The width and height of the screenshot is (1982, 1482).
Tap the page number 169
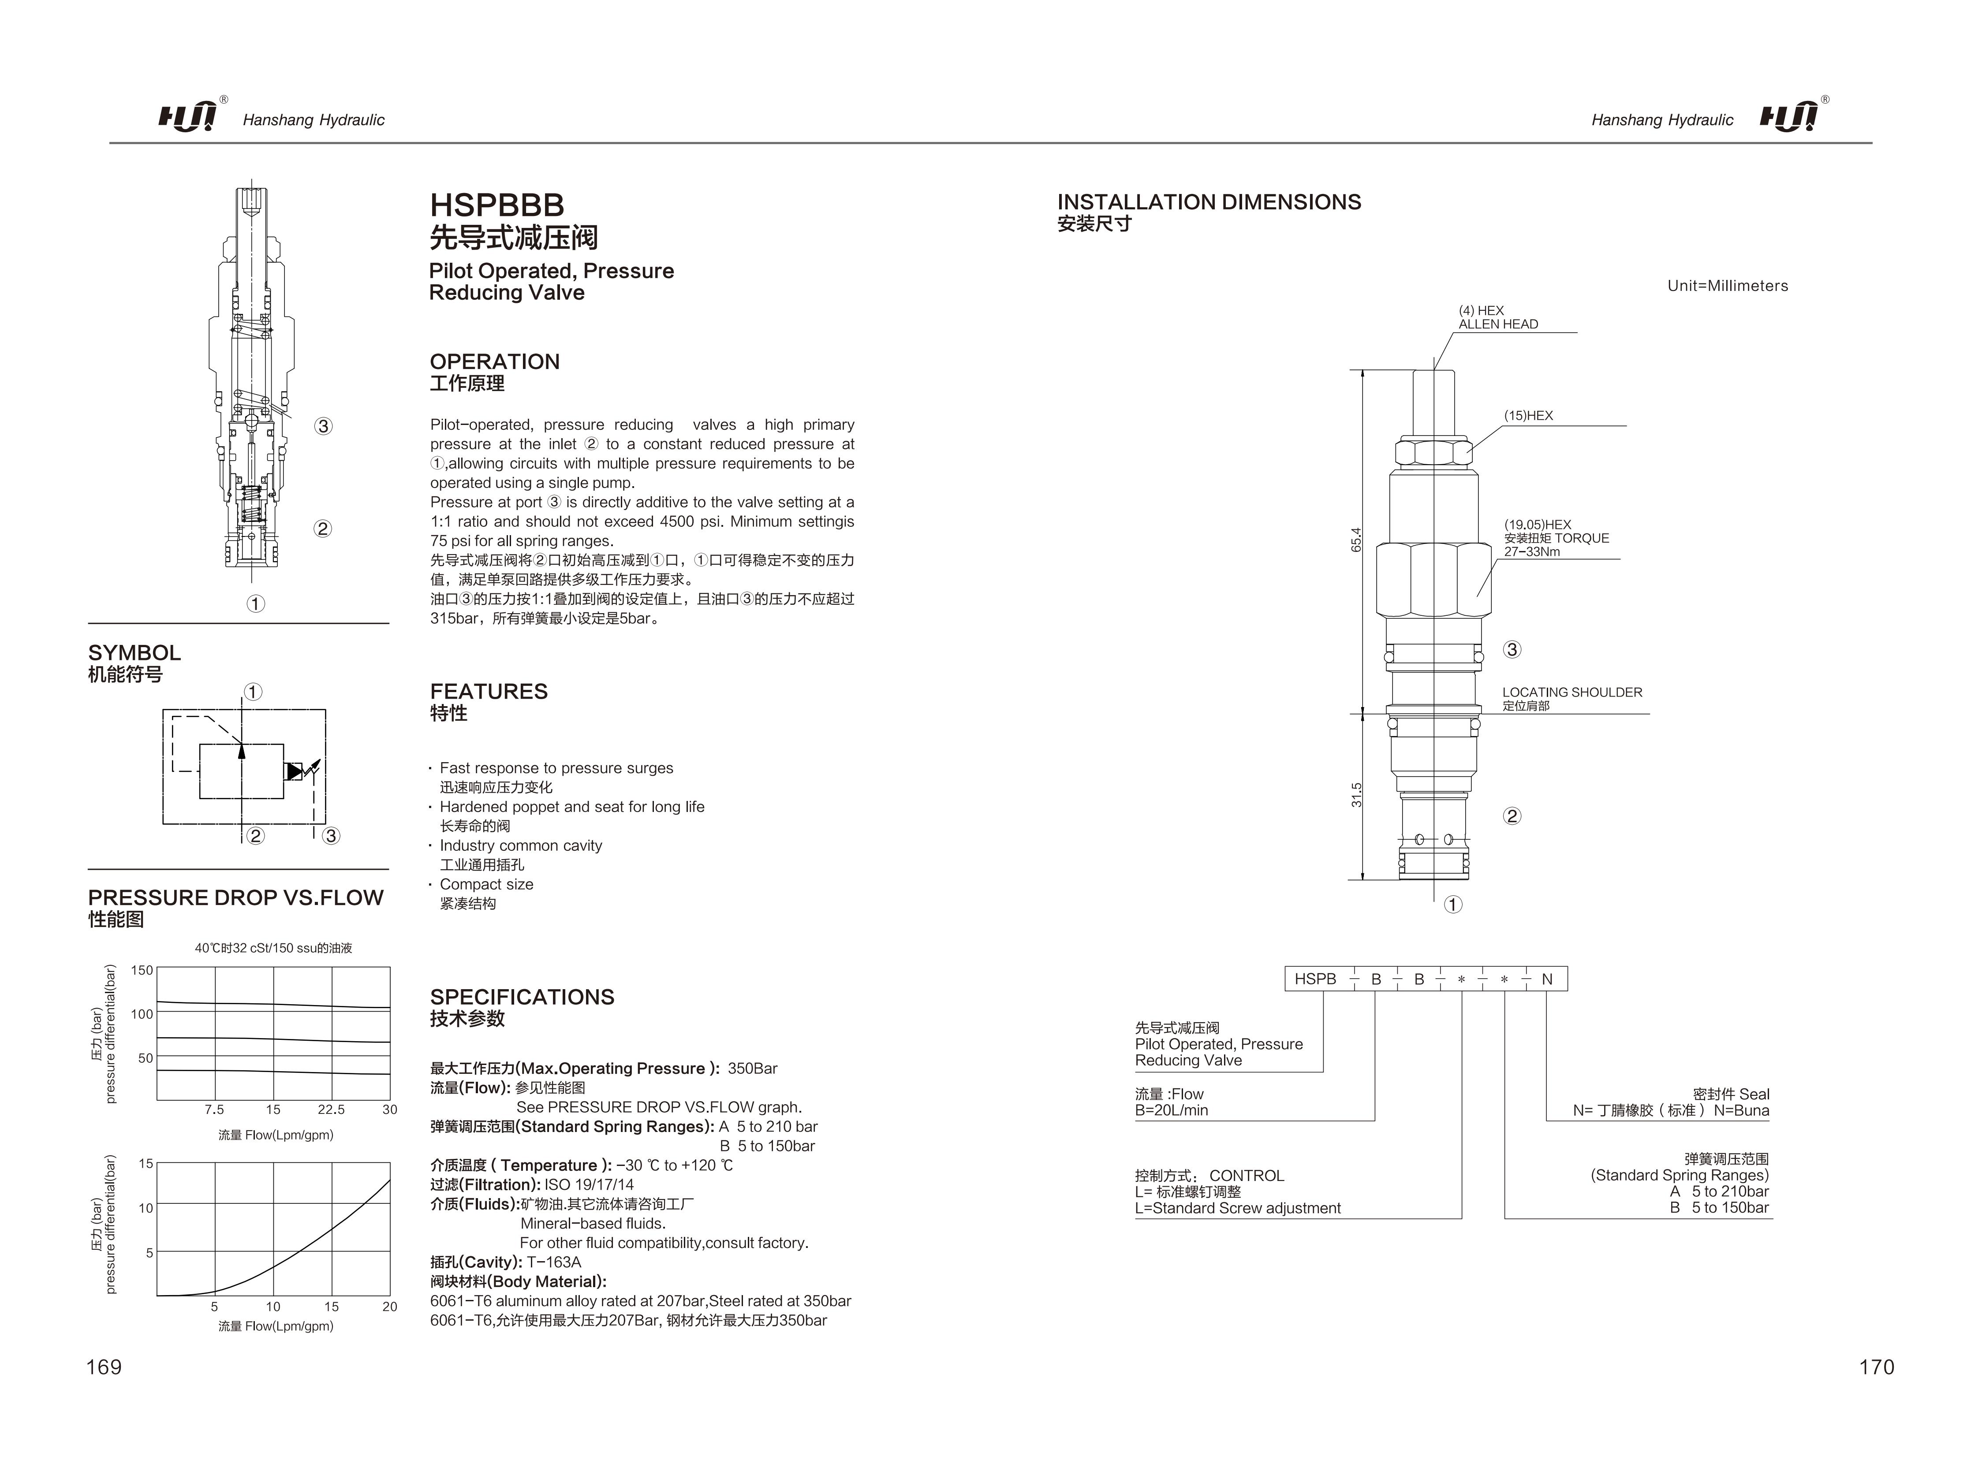104,1367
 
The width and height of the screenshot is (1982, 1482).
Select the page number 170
1876,1367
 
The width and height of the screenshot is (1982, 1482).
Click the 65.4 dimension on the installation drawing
1356,540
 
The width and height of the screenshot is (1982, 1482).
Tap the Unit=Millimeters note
1728,286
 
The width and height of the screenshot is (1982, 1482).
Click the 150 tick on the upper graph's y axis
142,969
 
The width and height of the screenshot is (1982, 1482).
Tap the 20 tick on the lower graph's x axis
390,1307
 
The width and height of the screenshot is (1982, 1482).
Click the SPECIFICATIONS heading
523,997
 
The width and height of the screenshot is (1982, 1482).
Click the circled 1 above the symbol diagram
254,692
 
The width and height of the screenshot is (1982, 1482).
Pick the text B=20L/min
1171,1110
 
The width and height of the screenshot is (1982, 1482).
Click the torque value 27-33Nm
1531,552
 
